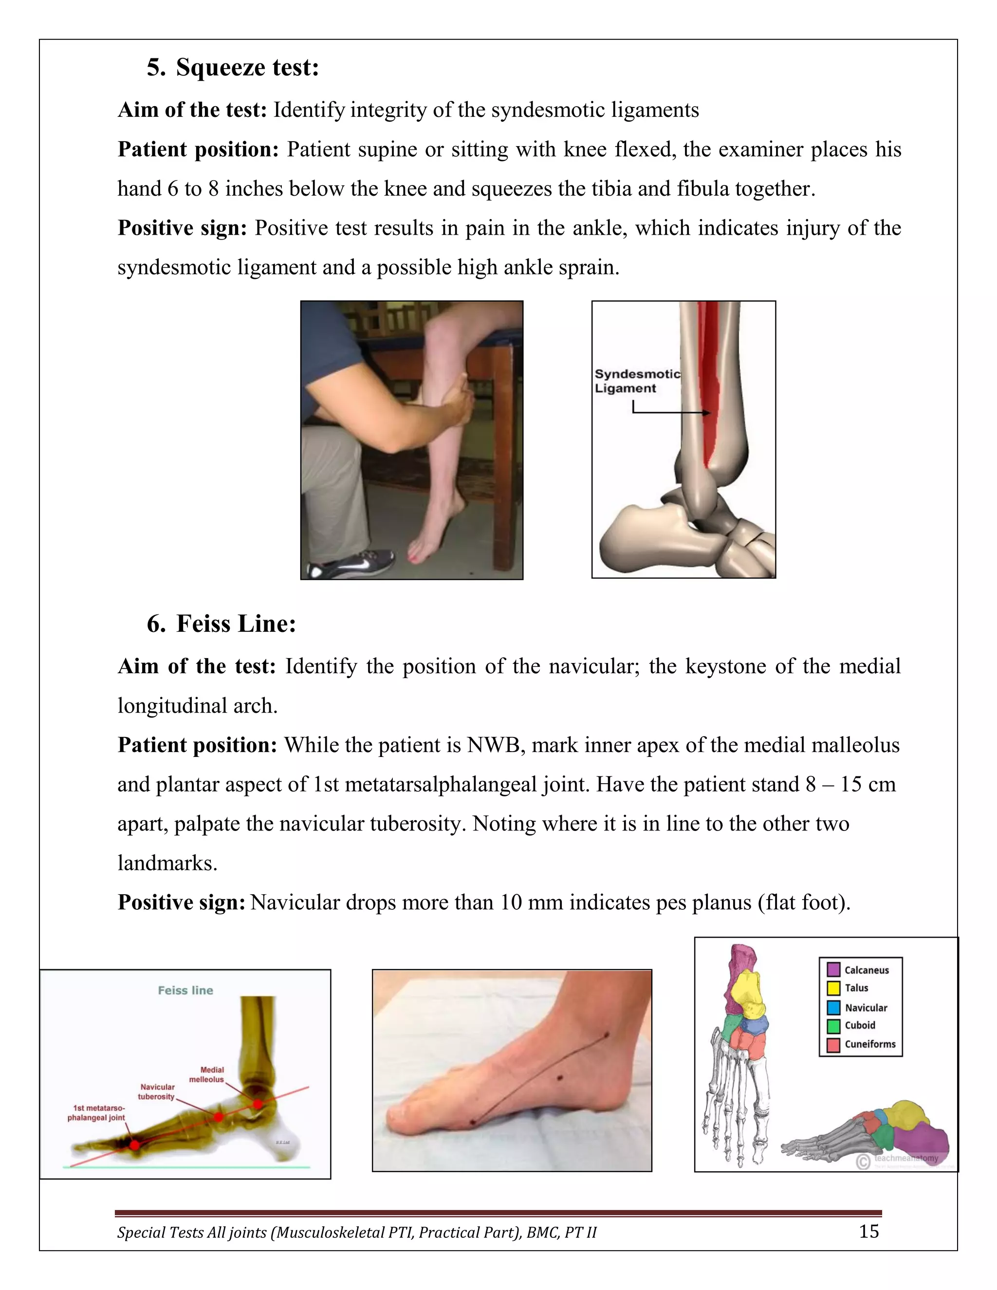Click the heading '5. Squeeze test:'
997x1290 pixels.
[233, 67]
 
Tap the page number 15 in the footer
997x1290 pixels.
[868, 1232]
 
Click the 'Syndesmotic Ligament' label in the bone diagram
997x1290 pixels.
[637, 381]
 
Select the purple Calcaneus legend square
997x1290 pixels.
[833, 969]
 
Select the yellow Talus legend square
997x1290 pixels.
[833, 988]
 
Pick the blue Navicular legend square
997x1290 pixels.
[833, 1007]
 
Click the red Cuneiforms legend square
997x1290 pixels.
[833, 1045]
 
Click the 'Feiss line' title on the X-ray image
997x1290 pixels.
[185, 991]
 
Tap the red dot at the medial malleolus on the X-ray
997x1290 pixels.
[258, 1104]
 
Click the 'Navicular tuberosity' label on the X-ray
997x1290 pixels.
[157, 1091]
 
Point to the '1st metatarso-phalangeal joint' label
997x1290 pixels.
[96, 1113]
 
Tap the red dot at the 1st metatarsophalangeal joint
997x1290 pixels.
[135, 1145]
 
